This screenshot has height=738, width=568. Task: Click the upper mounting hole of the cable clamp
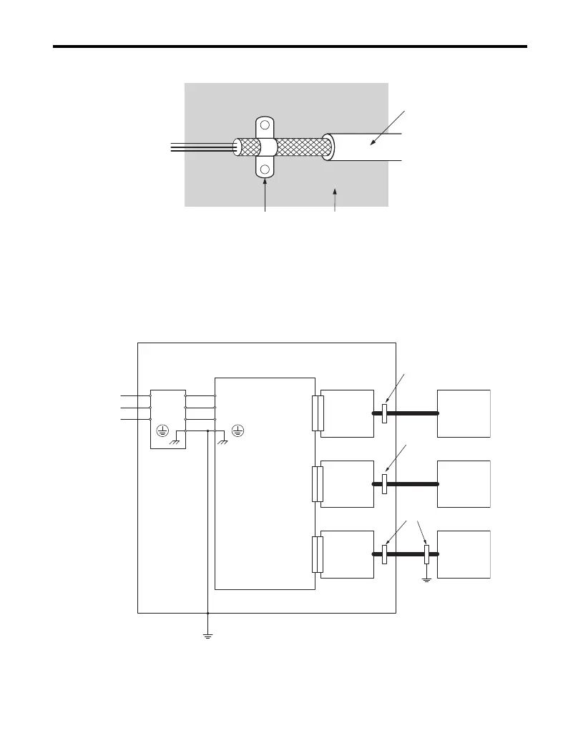[265, 125]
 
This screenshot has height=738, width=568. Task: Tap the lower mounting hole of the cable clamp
[265, 170]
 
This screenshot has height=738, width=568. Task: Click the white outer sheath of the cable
[365, 147]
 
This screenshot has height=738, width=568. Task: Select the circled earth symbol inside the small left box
[162, 431]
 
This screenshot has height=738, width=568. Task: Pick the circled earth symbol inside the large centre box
[238, 431]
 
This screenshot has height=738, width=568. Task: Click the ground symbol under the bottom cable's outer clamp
[426, 579]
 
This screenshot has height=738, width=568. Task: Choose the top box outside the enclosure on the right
[464, 413]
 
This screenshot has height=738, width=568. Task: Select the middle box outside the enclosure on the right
[464, 483]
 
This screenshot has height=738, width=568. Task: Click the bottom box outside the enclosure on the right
[464, 554]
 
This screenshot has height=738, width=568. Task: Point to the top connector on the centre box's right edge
[318, 413]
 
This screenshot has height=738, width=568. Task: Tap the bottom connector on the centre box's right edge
[318, 554]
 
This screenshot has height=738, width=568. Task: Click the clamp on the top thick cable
[384, 413]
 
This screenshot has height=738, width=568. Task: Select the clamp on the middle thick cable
[384, 483]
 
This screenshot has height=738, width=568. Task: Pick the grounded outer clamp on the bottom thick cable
[426, 554]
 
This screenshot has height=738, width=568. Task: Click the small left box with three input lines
[167, 419]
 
